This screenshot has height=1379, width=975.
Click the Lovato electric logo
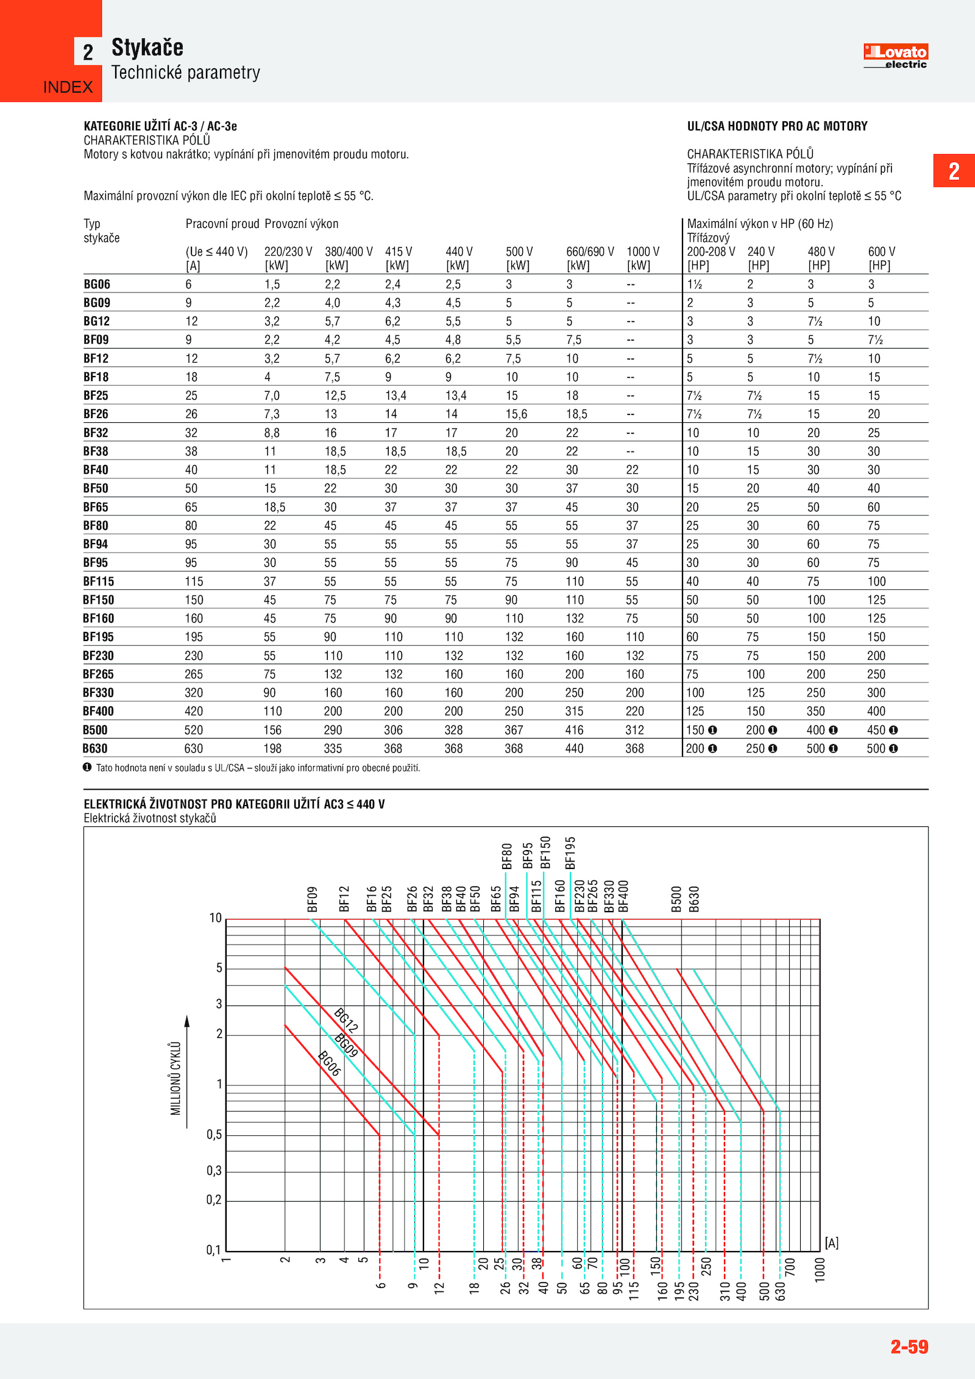(895, 56)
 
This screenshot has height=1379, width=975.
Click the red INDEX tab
(68, 87)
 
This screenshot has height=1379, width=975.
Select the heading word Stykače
(147, 48)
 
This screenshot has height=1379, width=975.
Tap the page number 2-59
(909, 1346)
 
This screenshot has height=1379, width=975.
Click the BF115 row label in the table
(99, 581)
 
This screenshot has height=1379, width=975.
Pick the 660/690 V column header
(589, 252)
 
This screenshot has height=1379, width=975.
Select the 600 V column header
(881, 252)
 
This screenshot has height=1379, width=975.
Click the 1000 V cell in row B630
(634, 748)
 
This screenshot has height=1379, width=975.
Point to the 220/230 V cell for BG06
(272, 285)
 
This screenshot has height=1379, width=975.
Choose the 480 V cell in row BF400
(815, 711)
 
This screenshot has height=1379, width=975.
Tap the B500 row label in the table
(95, 730)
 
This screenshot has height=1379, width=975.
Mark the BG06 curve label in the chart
(329, 1064)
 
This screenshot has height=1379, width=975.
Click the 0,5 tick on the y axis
(214, 1135)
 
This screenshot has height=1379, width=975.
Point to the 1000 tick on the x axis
(820, 1270)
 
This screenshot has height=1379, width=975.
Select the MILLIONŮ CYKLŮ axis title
(175, 1078)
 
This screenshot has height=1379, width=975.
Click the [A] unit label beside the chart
(831, 1243)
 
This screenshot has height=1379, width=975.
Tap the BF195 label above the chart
(570, 853)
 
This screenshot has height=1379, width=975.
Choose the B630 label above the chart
(694, 899)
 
